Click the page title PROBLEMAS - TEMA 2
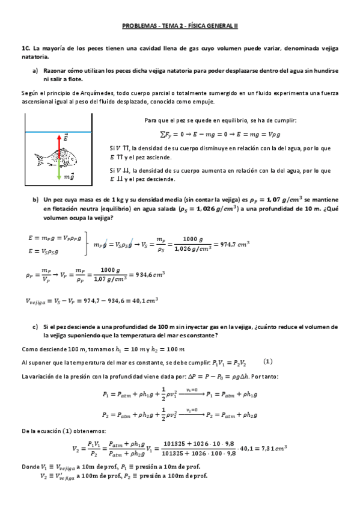180,26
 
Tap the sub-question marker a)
35,70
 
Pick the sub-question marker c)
35,327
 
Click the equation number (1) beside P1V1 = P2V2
268,362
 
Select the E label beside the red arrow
66,138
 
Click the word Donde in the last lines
30,467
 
